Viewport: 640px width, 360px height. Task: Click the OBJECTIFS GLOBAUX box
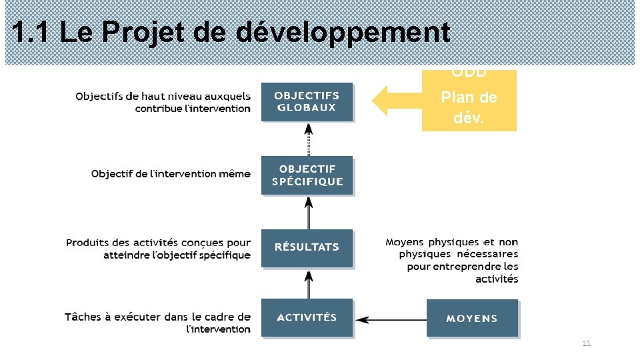click(307, 101)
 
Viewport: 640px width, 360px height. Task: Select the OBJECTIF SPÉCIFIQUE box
click(307, 175)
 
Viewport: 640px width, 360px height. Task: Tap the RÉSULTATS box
click(307, 247)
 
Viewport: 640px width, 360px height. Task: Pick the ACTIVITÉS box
click(307, 317)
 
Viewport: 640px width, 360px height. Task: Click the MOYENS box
click(471, 319)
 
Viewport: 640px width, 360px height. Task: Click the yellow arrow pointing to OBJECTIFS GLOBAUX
click(396, 101)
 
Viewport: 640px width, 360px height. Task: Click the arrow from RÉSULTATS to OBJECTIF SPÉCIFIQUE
click(308, 212)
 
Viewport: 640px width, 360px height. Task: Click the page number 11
click(587, 344)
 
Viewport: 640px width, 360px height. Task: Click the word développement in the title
click(344, 32)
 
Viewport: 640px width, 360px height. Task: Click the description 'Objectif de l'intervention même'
click(171, 174)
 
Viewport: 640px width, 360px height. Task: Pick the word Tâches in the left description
click(82, 317)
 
